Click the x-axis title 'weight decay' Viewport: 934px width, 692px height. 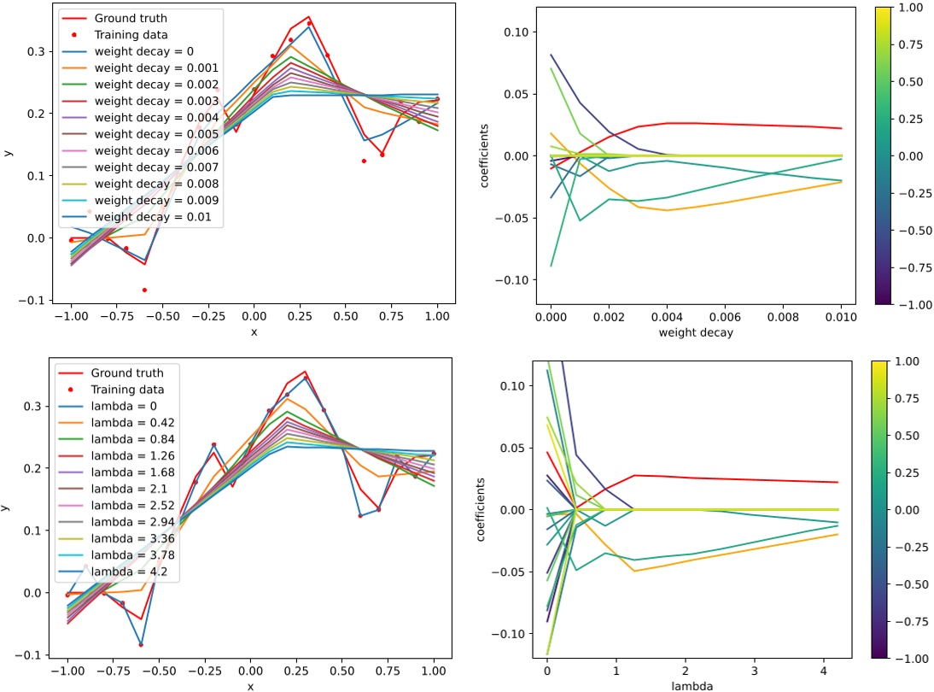click(696, 333)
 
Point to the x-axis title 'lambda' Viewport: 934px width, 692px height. click(692, 685)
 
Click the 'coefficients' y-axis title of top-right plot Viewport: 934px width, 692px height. click(486, 156)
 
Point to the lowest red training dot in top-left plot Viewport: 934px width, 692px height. click(144, 290)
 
